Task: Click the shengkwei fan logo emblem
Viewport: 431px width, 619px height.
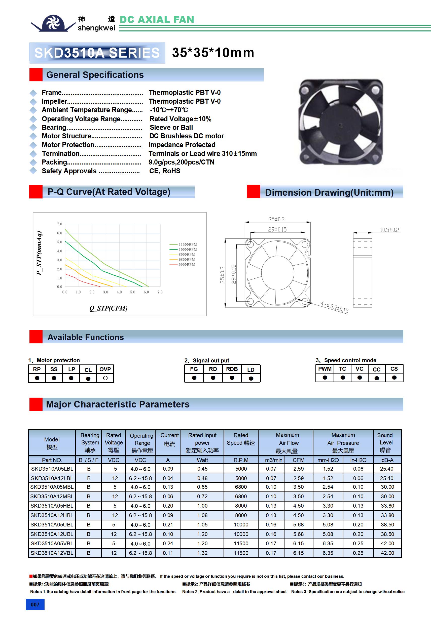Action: coord(53,23)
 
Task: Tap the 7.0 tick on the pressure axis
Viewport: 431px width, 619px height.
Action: coord(59,224)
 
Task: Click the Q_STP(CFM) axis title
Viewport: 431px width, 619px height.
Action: coord(108,308)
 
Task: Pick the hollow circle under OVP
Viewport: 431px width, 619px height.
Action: coord(105,378)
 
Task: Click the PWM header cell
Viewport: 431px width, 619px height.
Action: coord(325,369)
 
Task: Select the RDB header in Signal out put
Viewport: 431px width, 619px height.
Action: coord(232,369)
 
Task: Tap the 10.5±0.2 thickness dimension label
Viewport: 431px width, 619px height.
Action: coord(389,230)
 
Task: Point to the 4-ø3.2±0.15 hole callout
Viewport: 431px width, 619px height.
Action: coord(334,308)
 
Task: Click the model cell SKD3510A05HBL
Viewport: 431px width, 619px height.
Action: coord(52,506)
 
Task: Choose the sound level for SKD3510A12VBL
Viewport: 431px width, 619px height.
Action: coord(387,553)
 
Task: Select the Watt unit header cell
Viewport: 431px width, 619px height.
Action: coord(202,460)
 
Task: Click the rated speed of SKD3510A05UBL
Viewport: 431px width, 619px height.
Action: coord(241,525)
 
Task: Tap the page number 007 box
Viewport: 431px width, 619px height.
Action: coord(35,604)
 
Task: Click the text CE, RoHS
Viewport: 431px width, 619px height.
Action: coord(165,171)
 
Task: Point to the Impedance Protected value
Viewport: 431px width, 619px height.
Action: coord(182,145)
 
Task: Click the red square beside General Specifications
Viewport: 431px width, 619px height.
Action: coord(36,75)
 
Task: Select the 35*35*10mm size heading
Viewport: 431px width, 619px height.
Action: coord(213,53)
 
